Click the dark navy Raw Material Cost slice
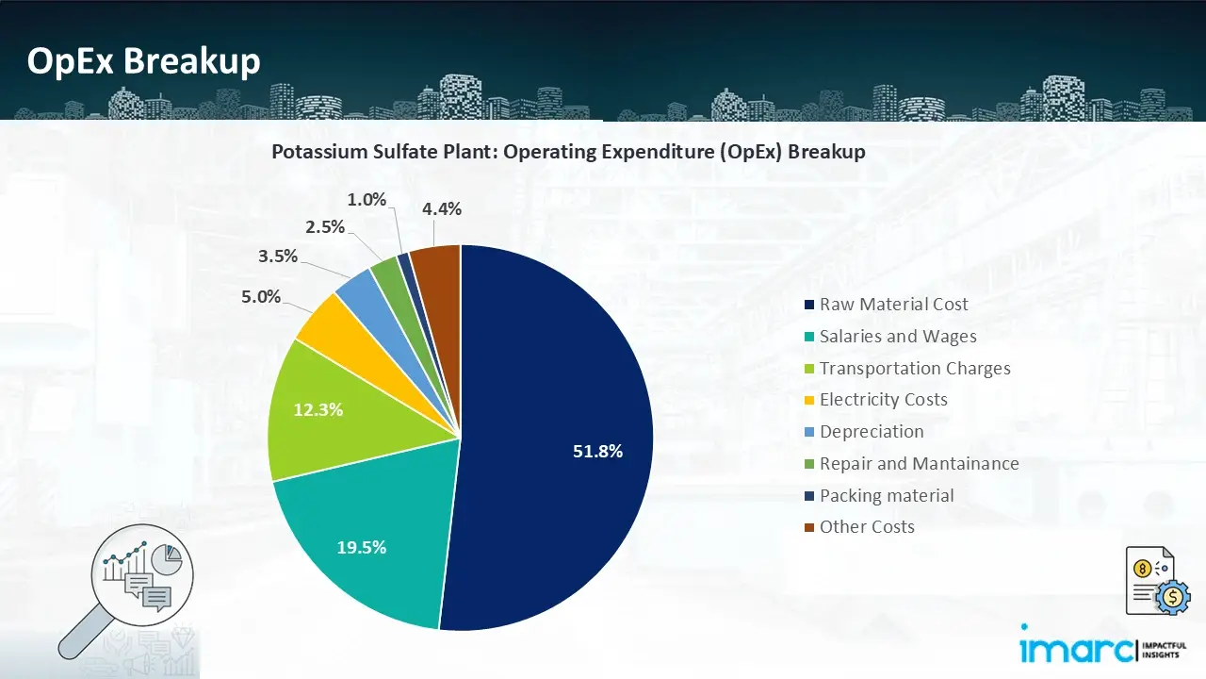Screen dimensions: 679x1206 (556, 396)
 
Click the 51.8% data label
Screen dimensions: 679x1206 (598, 452)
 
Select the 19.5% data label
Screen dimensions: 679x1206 (362, 547)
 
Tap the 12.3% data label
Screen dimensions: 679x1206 (318, 410)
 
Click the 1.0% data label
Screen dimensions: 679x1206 (367, 199)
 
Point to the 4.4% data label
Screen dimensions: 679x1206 (442, 209)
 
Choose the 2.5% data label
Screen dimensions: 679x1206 (324, 227)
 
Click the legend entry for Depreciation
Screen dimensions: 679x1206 (871, 432)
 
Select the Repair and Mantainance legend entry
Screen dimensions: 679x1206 (919, 464)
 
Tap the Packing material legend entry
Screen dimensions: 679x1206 (886, 496)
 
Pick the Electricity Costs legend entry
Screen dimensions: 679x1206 (883, 400)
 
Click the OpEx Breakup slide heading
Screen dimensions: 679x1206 (143, 61)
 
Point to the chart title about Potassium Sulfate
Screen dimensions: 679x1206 (568, 152)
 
